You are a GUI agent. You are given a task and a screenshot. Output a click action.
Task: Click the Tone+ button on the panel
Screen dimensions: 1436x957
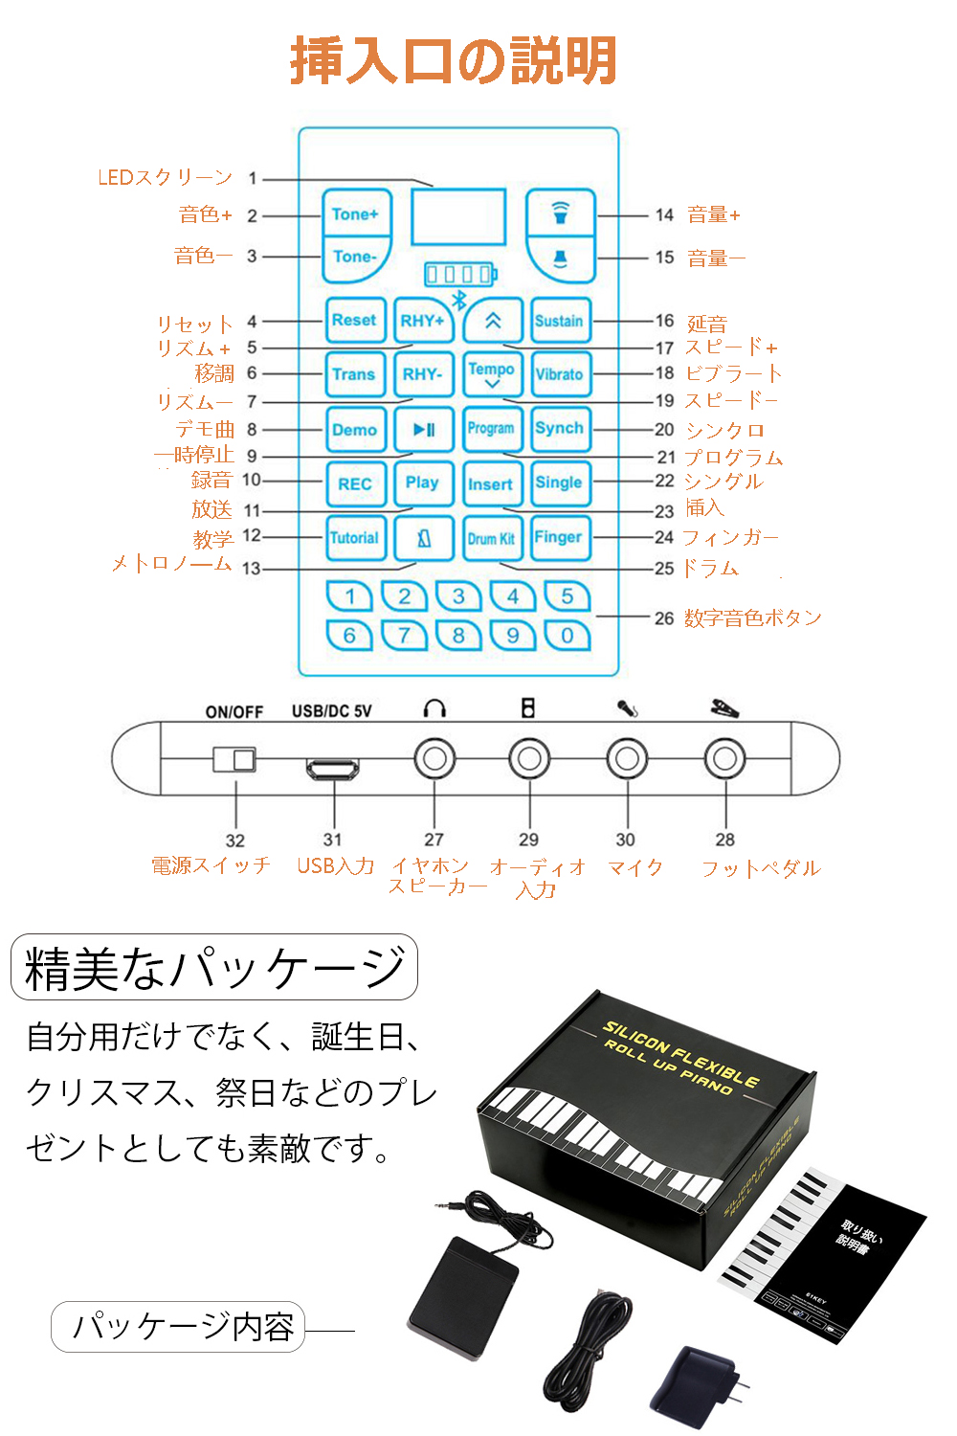(x=355, y=214)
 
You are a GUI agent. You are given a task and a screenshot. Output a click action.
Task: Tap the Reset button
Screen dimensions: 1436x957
(x=354, y=321)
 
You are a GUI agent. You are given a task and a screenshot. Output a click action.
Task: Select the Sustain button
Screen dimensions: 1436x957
(x=559, y=321)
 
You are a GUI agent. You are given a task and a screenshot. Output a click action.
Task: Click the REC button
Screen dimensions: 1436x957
(x=354, y=484)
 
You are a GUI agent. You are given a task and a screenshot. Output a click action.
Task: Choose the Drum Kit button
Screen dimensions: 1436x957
(x=491, y=538)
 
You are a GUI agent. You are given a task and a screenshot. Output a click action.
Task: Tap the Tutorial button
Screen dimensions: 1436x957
(x=354, y=538)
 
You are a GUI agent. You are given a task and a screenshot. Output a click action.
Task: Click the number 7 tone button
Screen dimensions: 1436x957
(x=405, y=635)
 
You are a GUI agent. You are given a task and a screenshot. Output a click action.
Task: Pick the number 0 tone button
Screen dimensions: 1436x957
(x=568, y=635)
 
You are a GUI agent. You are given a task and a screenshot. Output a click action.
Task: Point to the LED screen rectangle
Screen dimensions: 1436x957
(x=458, y=216)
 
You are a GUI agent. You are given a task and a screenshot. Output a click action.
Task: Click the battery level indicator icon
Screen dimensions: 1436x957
(x=460, y=275)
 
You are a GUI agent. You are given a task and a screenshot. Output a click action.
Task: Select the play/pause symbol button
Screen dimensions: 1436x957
(x=423, y=430)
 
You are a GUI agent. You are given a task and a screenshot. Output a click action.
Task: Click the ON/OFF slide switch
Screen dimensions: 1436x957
(x=234, y=759)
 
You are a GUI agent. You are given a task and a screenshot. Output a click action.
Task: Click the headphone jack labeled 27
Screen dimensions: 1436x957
(x=434, y=759)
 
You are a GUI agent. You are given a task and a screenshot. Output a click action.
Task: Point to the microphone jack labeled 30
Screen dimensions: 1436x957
(x=627, y=759)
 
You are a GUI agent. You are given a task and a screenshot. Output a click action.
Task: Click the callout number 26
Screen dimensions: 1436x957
(x=664, y=618)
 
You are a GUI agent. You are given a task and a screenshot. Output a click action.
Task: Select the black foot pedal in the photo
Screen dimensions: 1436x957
(x=463, y=1297)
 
